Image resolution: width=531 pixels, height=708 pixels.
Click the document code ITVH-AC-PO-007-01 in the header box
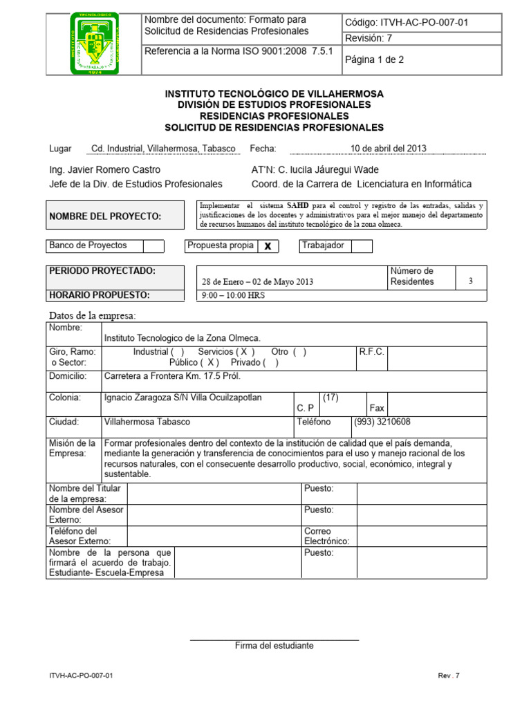(406, 23)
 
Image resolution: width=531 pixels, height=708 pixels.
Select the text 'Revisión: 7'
(369, 39)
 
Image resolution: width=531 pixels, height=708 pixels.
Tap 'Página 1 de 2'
(374, 60)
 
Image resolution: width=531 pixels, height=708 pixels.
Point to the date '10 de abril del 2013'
(389, 149)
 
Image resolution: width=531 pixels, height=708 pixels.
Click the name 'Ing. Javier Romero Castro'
(104, 170)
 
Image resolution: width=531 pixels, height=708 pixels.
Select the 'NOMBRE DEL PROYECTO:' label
(105, 217)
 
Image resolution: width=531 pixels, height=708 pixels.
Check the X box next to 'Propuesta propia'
(268, 247)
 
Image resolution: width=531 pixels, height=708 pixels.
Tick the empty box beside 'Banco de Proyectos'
(153, 246)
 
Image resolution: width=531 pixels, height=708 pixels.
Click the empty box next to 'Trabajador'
(362, 246)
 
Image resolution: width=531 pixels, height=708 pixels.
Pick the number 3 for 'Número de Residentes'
(471, 281)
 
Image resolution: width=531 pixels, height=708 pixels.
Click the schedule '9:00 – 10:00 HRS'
(232, 296)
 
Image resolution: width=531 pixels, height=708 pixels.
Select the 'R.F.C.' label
(371, 352)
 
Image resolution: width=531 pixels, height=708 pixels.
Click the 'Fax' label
(377, 409)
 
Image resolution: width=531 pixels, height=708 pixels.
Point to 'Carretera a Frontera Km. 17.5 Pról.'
(171, 377)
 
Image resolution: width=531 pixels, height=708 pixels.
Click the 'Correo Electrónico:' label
(327, 537)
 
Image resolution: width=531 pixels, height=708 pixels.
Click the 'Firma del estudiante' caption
(274, 646)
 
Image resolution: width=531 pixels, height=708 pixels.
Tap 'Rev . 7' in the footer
(449, 676)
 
